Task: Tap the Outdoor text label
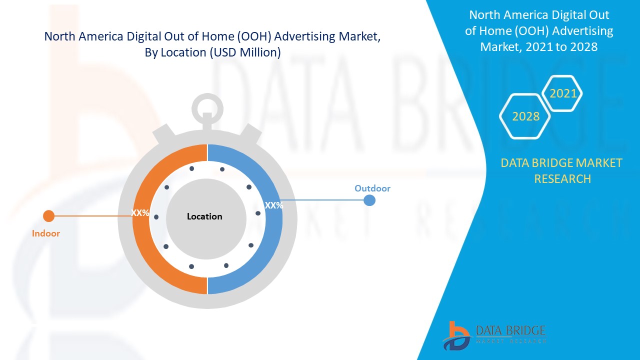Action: [372, 188]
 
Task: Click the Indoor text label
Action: [46, 233]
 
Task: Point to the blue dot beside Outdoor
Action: [369, 200]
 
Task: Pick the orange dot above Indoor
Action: [48, 216]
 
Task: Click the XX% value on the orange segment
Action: [140, 212]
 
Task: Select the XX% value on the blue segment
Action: [273, 205]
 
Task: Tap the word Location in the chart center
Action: [204, 216]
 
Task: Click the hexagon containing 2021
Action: [563, 93]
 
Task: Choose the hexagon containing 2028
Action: [525, 116]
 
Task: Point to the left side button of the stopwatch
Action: [164, 132]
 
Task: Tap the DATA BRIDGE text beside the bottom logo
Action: [510, 330]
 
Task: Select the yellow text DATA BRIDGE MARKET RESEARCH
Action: [562, 170]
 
